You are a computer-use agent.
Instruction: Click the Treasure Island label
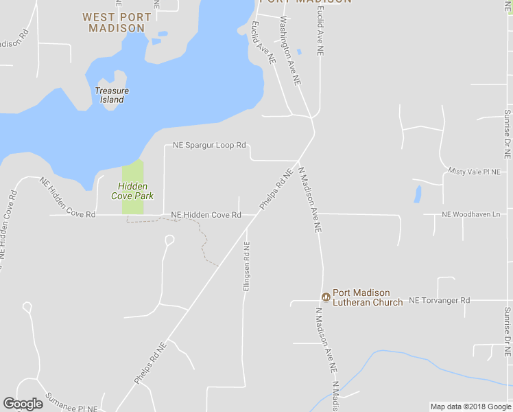pos(112,95)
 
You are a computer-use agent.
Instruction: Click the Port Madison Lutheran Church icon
pos(326,297)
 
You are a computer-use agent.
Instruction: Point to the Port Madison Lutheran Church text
pos(368,297)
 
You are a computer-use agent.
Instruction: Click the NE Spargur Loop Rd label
pos(209,146)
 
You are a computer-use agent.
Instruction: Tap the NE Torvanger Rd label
pos(440,301)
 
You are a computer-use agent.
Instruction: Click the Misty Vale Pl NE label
pos(475,170)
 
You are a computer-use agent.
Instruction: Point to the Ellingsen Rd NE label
pos(246,266)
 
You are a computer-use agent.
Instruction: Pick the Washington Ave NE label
pos(290,51)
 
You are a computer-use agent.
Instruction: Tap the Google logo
pos(23,404)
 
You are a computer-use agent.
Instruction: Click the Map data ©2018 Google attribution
pos(470,407)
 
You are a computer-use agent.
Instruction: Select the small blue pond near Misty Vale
pos(418,194)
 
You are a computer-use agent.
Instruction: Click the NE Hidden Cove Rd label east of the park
pos(206,215)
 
